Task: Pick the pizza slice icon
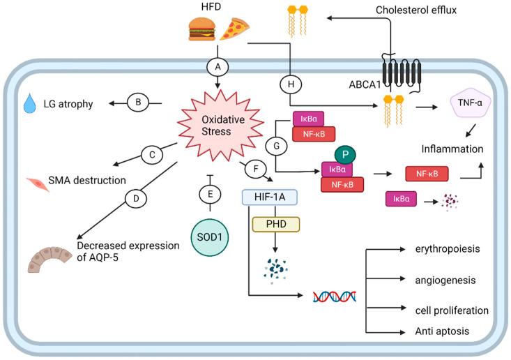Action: pyautogui.click(x=234, y=29)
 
